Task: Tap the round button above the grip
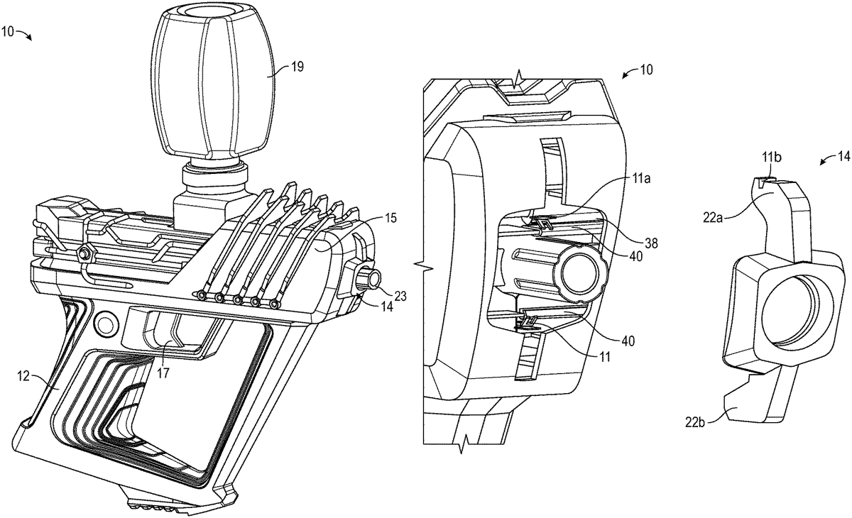click(x=106, y=324)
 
